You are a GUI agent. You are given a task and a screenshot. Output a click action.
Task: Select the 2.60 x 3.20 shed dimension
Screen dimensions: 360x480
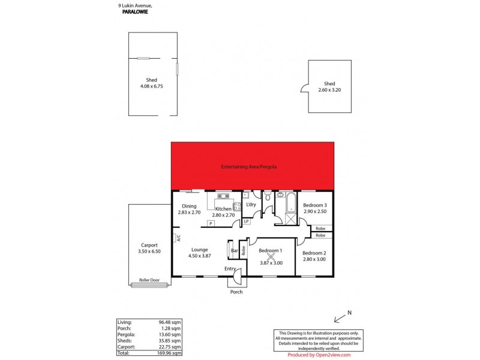329,90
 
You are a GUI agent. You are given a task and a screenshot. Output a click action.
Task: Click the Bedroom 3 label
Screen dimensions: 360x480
315,205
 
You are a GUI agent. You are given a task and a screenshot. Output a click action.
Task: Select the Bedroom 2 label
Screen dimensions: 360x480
314,253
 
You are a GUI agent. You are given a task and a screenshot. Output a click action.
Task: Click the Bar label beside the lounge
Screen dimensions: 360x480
235,250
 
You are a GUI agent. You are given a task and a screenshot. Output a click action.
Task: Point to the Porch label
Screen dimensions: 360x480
237,292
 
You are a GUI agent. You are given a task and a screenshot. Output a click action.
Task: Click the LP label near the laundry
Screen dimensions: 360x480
247,222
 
